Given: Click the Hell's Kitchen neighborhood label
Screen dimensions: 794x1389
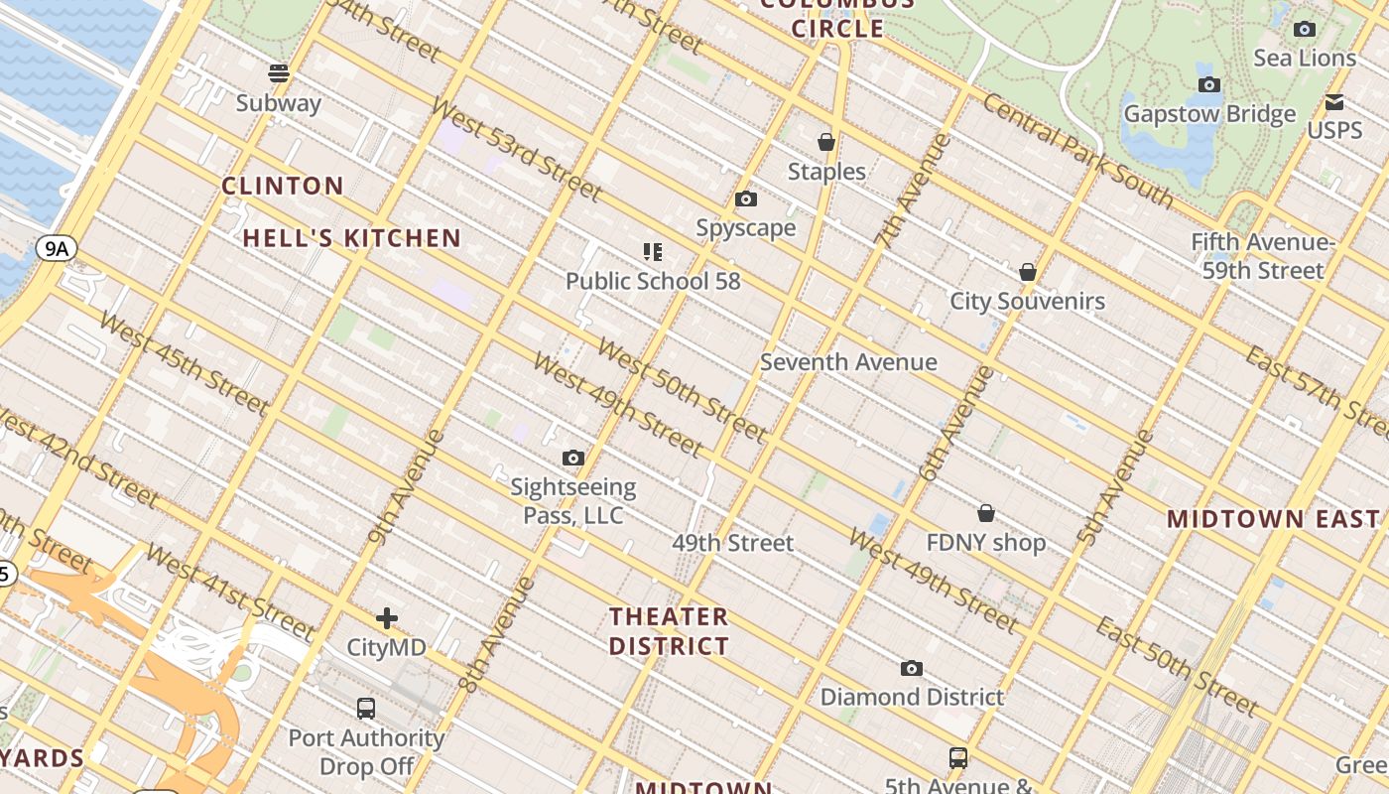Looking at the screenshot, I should click(352, 238).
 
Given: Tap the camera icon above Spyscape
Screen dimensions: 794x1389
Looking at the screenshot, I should click(746, 199).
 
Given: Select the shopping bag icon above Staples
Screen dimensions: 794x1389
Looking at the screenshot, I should click(826, 143).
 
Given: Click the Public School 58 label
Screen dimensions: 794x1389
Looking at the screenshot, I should click(653, 281).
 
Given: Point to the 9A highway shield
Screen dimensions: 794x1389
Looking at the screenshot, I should click(57, 248).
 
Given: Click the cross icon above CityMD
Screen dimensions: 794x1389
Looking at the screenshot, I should click(387, 618).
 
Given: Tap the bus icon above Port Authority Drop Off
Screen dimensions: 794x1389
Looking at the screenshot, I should click(366, 709).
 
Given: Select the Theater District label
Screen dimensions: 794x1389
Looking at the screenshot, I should click(669, 631).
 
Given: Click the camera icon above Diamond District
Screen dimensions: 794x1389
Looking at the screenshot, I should click(912, 669).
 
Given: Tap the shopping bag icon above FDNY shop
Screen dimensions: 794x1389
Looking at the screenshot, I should click(986, 513).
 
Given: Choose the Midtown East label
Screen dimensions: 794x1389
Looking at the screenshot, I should click(1273, 519).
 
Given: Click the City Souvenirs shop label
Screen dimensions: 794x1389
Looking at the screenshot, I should click(1027, 301).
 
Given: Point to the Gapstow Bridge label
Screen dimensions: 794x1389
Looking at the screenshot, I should click(1208, 114).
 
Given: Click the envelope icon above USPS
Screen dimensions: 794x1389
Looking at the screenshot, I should click(1334, 102).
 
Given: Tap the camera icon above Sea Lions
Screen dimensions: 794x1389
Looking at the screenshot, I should click(1305, 30).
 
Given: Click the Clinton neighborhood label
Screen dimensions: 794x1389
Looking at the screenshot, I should click(283, 186).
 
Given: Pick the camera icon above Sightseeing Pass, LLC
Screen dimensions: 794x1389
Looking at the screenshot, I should click(573, 459).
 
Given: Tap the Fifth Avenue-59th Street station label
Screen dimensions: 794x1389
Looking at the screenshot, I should click(1262, 256).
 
